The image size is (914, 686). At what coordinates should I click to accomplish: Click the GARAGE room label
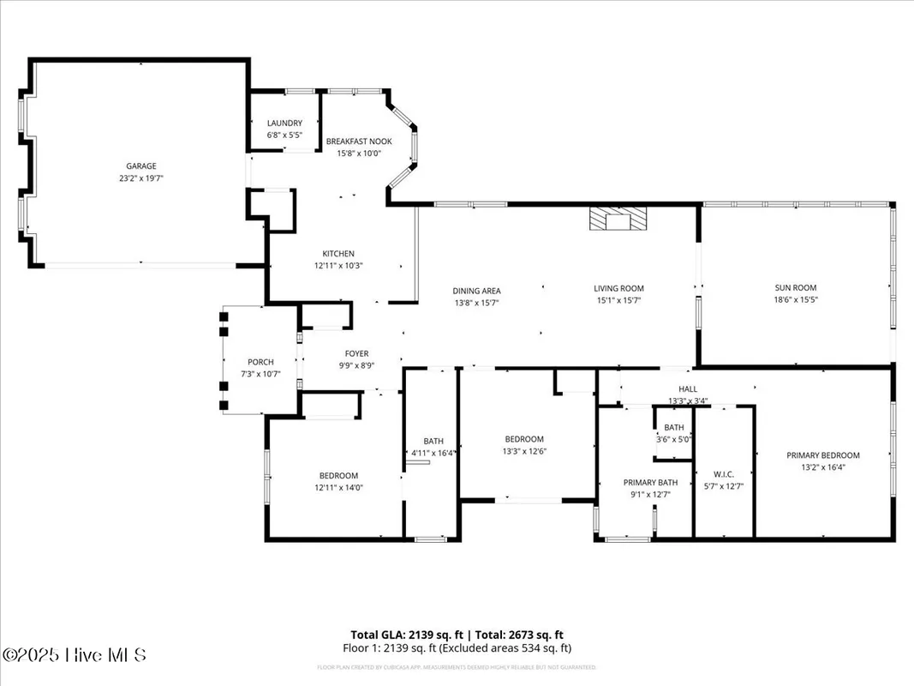pos(141,166)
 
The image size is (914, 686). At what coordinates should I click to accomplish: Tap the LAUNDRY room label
pos(284,123)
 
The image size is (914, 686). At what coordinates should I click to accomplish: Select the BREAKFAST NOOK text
pos(359,141)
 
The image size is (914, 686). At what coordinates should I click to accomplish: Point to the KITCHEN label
pos(338,254)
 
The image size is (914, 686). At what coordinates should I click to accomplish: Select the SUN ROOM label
pos(796,288)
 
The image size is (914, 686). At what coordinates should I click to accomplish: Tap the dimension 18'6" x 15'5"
pos(796,300)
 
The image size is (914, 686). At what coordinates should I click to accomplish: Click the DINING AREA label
pos(476,291)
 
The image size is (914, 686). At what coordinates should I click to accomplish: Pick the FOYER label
pos(356,353)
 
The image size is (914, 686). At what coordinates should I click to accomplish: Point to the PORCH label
pos(260,362)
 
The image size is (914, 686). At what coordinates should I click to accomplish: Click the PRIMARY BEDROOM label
pos(823,455)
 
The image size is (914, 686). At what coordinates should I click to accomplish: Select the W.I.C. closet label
pos(724,473)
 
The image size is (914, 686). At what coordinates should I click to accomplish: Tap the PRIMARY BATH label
pos(650,483)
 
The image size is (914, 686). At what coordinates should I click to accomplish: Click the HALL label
pos(688,389)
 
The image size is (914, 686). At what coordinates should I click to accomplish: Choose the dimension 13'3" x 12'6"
pos(524,451)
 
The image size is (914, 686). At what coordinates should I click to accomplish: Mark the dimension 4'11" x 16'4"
pos(433,453)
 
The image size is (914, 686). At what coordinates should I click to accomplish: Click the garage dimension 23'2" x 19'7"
pos(141,178)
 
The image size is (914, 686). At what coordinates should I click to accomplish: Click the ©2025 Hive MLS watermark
pos(75,655)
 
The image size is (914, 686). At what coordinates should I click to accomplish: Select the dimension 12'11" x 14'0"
pos(338,487)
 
